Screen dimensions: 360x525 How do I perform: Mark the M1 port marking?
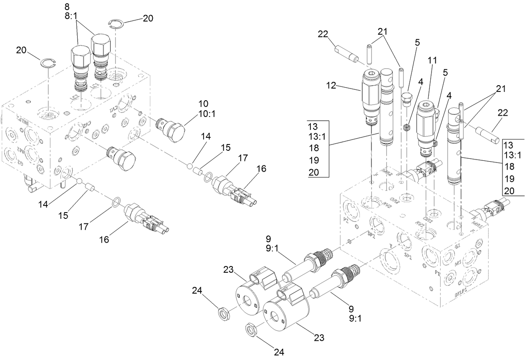457,264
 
